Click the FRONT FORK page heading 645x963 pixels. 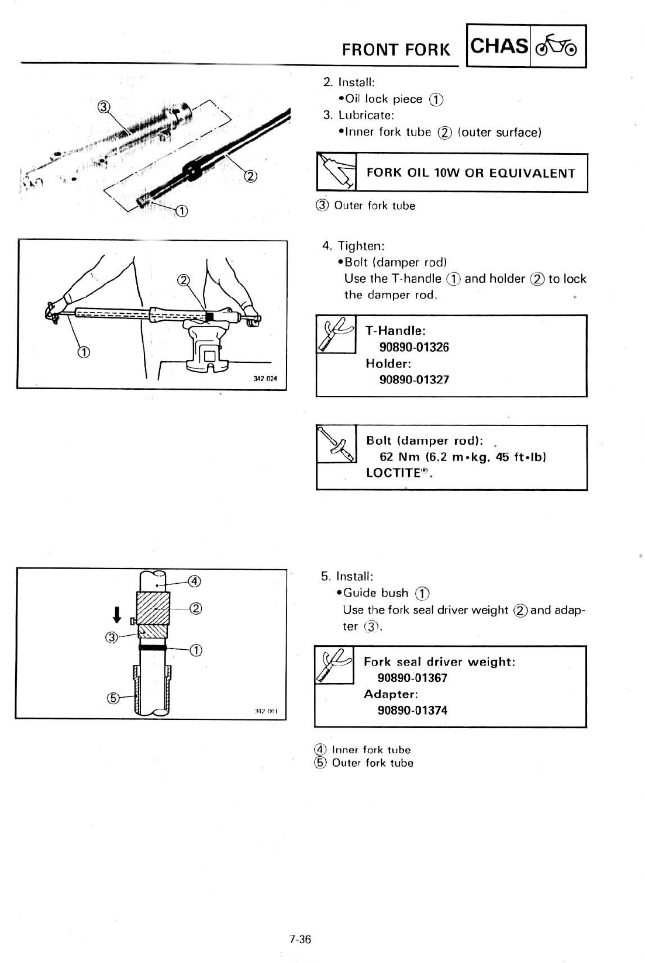click(396, 50)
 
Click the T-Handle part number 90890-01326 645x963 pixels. click(414, 347)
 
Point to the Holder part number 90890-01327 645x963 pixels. click(414, 379)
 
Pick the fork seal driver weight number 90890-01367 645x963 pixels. click(412, 678)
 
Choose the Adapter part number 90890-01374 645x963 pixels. click(412, 711)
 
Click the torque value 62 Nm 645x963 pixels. click(401, 457)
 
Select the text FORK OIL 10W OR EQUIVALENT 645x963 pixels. click(471, 173)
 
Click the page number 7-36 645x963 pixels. click(300, 940)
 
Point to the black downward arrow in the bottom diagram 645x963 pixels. click(117, 614)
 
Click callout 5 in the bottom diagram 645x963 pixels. click(113, 698)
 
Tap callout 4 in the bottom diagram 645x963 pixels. click(194, 581)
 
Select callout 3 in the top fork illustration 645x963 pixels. click(104, 106)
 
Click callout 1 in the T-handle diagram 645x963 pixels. click(84, 352)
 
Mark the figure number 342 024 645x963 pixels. click(264, 379)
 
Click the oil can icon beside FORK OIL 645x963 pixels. click(336, 171)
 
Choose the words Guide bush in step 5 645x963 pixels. click(375, 593)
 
